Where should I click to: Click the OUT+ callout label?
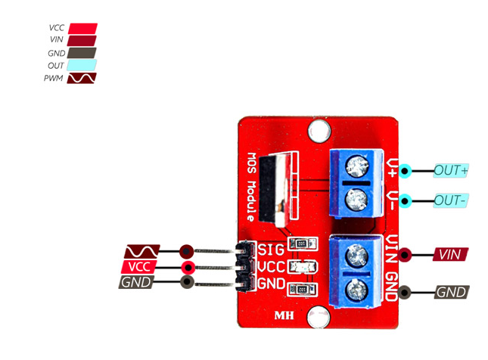[452, 171]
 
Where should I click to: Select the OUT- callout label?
[452, 201]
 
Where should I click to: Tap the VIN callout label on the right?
[451, 254]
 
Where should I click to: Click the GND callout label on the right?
[452, 291]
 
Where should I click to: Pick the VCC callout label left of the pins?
[139, 267]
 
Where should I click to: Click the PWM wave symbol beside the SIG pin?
[142, 250]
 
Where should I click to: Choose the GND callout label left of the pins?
[137, 283]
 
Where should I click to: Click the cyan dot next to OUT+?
[406, 171]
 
